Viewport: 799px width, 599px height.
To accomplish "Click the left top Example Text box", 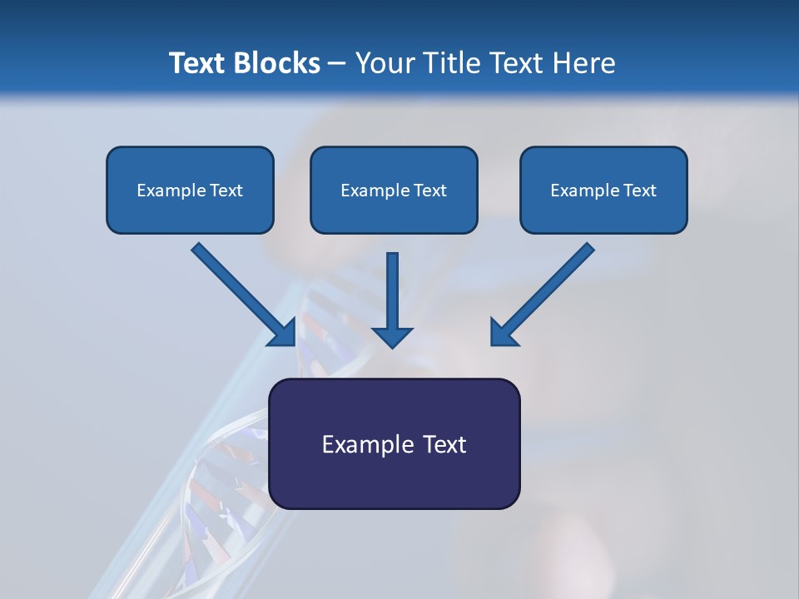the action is tap(190, 190).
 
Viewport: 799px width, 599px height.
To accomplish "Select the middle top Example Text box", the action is tap(394, 190).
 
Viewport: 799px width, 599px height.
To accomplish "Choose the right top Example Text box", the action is tap(603, 190).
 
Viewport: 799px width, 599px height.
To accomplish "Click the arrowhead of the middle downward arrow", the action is tap(392, 337).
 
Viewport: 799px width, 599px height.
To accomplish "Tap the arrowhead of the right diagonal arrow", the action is tap(503, 333).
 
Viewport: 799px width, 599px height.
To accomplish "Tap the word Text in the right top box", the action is tap(639, 191).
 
